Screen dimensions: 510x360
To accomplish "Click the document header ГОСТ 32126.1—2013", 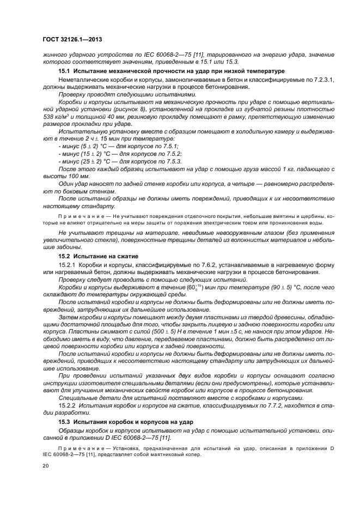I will [72, 40].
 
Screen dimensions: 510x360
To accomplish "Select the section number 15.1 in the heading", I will [65, 72].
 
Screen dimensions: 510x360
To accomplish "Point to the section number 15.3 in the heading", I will [65, 423].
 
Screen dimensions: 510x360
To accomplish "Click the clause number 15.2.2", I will [68, 405].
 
